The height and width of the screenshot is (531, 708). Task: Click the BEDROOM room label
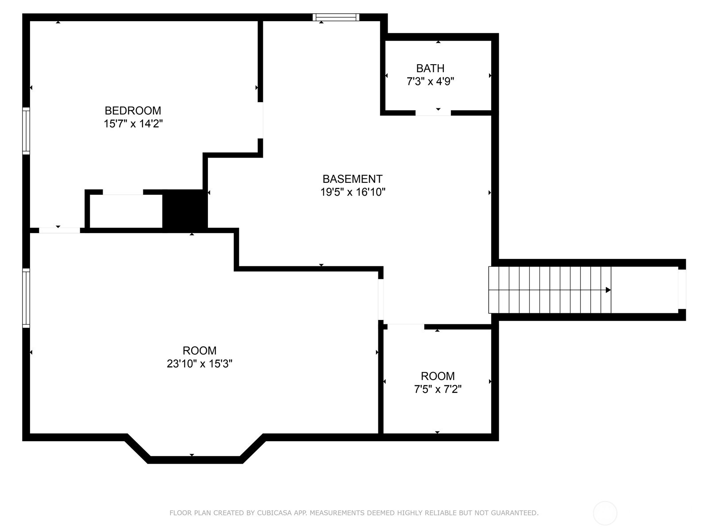[133, 111]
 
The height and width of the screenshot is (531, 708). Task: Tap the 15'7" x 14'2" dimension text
[133, 124]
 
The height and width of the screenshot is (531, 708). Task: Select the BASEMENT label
[353, 179]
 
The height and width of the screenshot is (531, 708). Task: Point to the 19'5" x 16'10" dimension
[353, 192]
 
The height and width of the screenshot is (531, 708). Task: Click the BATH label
[430, 68]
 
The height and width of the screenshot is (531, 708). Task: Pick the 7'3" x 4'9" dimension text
[430, 81]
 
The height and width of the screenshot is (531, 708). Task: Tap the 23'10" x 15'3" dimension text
[199, 364]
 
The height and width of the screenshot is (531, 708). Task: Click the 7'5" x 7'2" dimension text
[438, 389]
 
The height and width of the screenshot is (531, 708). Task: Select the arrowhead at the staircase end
[608, 290]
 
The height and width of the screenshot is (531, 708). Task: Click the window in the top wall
[336, 17]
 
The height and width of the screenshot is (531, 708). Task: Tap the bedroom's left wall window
[26, 131]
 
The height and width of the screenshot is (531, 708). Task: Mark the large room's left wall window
[26, 298]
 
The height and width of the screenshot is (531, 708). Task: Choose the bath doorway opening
[433, 112]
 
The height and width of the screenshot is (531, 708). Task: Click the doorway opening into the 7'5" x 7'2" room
[406, 327]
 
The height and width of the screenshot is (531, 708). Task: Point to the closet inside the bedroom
[126, 211]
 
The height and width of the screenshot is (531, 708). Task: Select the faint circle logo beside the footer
[605, 513]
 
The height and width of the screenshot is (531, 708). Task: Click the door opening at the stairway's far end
[682, 289]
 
